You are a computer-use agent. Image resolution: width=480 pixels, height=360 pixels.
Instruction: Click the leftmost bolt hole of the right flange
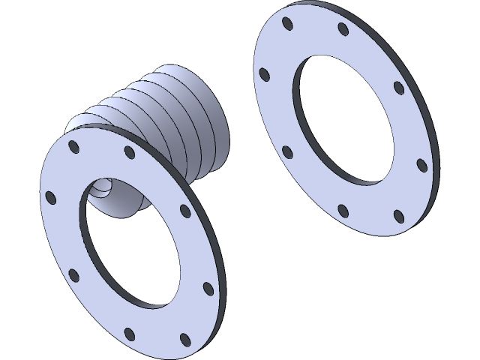click(263, 74)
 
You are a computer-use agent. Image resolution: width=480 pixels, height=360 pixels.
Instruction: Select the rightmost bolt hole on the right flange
click(421, 164)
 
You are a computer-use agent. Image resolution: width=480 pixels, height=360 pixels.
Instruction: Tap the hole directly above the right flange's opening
click(343, 29)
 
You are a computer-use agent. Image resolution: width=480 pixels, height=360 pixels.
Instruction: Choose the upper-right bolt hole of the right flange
click(398, 87)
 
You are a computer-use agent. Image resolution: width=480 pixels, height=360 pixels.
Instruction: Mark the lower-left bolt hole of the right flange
click(286, 152)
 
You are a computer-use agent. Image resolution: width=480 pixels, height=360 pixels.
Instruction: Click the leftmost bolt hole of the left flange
click(50, 197)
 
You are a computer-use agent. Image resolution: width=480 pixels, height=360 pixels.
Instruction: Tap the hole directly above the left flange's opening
click(129, 153)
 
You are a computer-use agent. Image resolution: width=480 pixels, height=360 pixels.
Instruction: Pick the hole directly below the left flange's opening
click(130, 333)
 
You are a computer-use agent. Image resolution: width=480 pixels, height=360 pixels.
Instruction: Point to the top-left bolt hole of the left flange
click(73, 146)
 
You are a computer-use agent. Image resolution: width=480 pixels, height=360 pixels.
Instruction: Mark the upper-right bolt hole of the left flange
click(184, 211)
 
